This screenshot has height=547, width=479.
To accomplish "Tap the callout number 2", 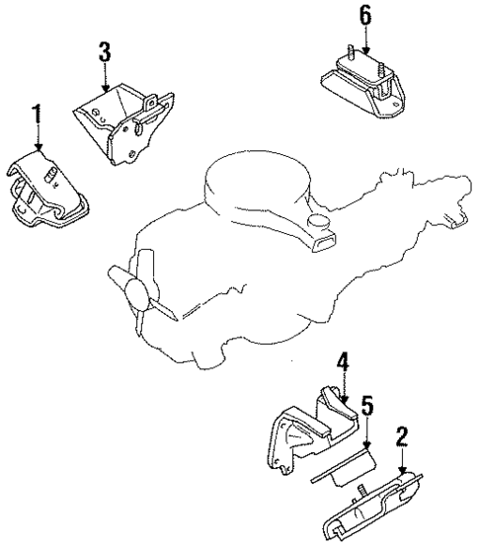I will (402, 436).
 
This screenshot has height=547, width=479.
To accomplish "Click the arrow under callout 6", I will (366, 44).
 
